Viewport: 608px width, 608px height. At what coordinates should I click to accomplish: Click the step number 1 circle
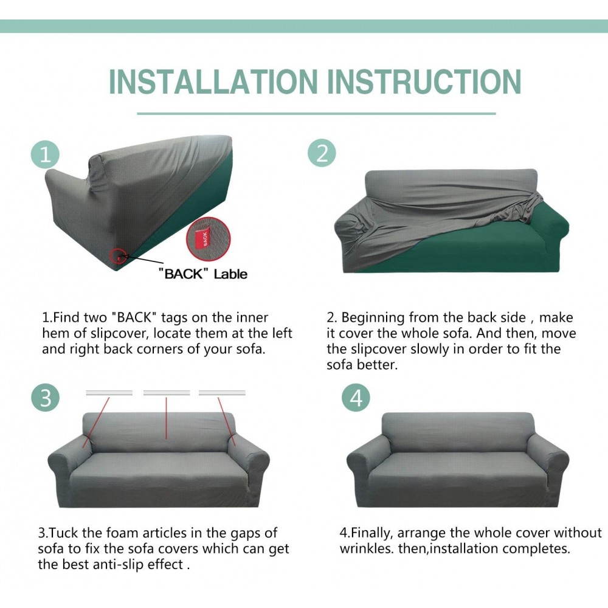(x=46, y=154)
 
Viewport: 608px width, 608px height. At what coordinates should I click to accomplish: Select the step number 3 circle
(x=46, y=398)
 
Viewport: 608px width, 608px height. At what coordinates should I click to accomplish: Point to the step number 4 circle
(x=356, y=398)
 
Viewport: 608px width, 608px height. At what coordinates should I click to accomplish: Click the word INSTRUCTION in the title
(x=424, y=82)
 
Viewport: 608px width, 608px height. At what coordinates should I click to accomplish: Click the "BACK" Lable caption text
(x=203, y=274)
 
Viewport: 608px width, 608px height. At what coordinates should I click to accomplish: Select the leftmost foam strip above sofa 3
(x=109, y=393)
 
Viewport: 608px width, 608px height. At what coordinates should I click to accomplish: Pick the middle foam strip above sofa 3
(x=167, y=393)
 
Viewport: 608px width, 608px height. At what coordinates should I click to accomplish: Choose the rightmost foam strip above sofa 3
(x=222, y=393)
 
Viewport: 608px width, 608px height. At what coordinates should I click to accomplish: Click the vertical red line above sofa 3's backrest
(x=167, y=418)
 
